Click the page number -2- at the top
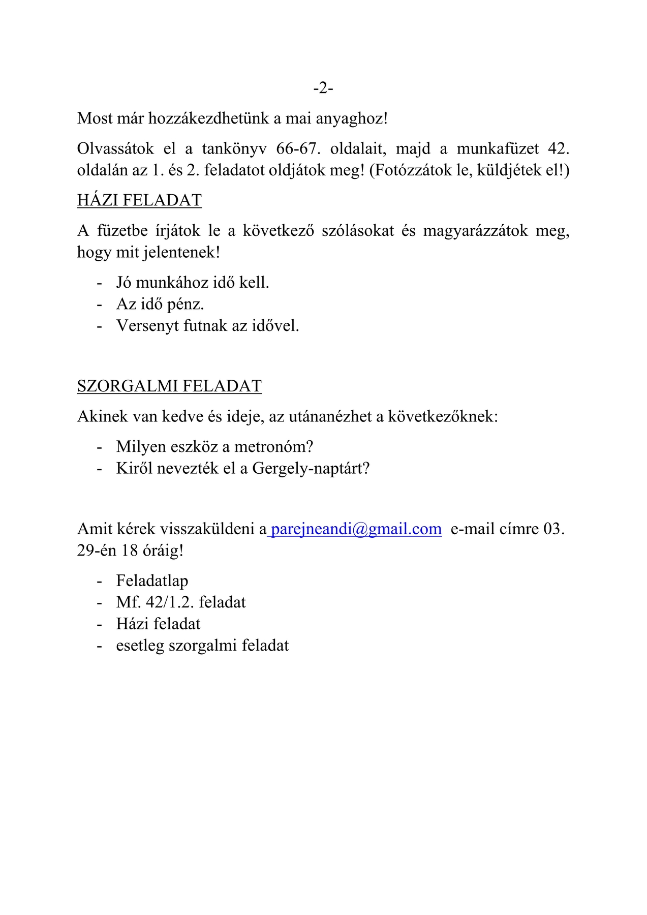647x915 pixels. [x=323, y=88]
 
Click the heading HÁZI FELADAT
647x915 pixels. [x=139, y=200]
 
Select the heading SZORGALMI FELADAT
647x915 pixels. [x=169, y=386]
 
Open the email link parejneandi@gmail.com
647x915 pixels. [x=356, y=529]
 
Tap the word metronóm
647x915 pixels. [x=273, y=447]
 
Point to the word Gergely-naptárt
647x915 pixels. [x=311, y=468]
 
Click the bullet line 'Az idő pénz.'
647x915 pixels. [x=160, y=304]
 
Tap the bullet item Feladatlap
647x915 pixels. [x=152, y=581]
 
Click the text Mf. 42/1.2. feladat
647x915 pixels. [x=181, y=602]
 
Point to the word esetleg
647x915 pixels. [x=140, y=646]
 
